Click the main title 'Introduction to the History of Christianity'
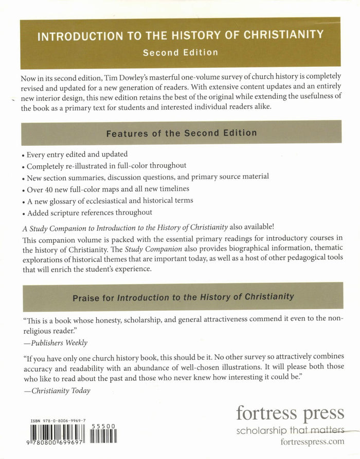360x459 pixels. pos(180,36)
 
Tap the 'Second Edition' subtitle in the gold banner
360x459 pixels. pos(180,52)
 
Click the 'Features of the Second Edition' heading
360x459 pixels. pos(181,133)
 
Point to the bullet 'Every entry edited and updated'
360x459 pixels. pos(77,154)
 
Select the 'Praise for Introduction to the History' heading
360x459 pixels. pos(183,296)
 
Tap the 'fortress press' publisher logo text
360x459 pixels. pos(290,413)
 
